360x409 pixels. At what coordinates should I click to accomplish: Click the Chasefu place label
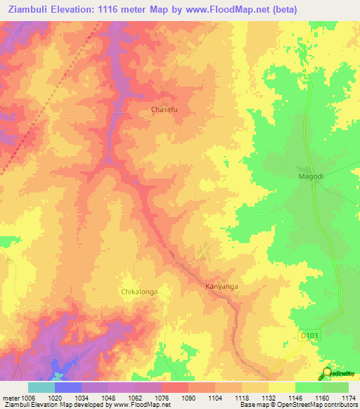pos(167,110)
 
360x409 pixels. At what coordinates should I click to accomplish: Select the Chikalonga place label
pos(138,291)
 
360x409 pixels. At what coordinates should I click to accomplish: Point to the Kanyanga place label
pos(221,287)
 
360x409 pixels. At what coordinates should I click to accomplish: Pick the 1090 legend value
pos(188,397)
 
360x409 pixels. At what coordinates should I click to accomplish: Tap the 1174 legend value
pos(348,397)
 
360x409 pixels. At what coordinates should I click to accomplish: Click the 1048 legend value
pos(108,397)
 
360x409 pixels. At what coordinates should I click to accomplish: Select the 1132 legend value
pos(268,397)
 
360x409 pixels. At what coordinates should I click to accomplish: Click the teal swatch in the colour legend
pos(41,387)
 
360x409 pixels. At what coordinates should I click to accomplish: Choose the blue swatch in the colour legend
pos(68,387)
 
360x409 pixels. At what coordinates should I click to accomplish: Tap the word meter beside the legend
pos(9,397)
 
